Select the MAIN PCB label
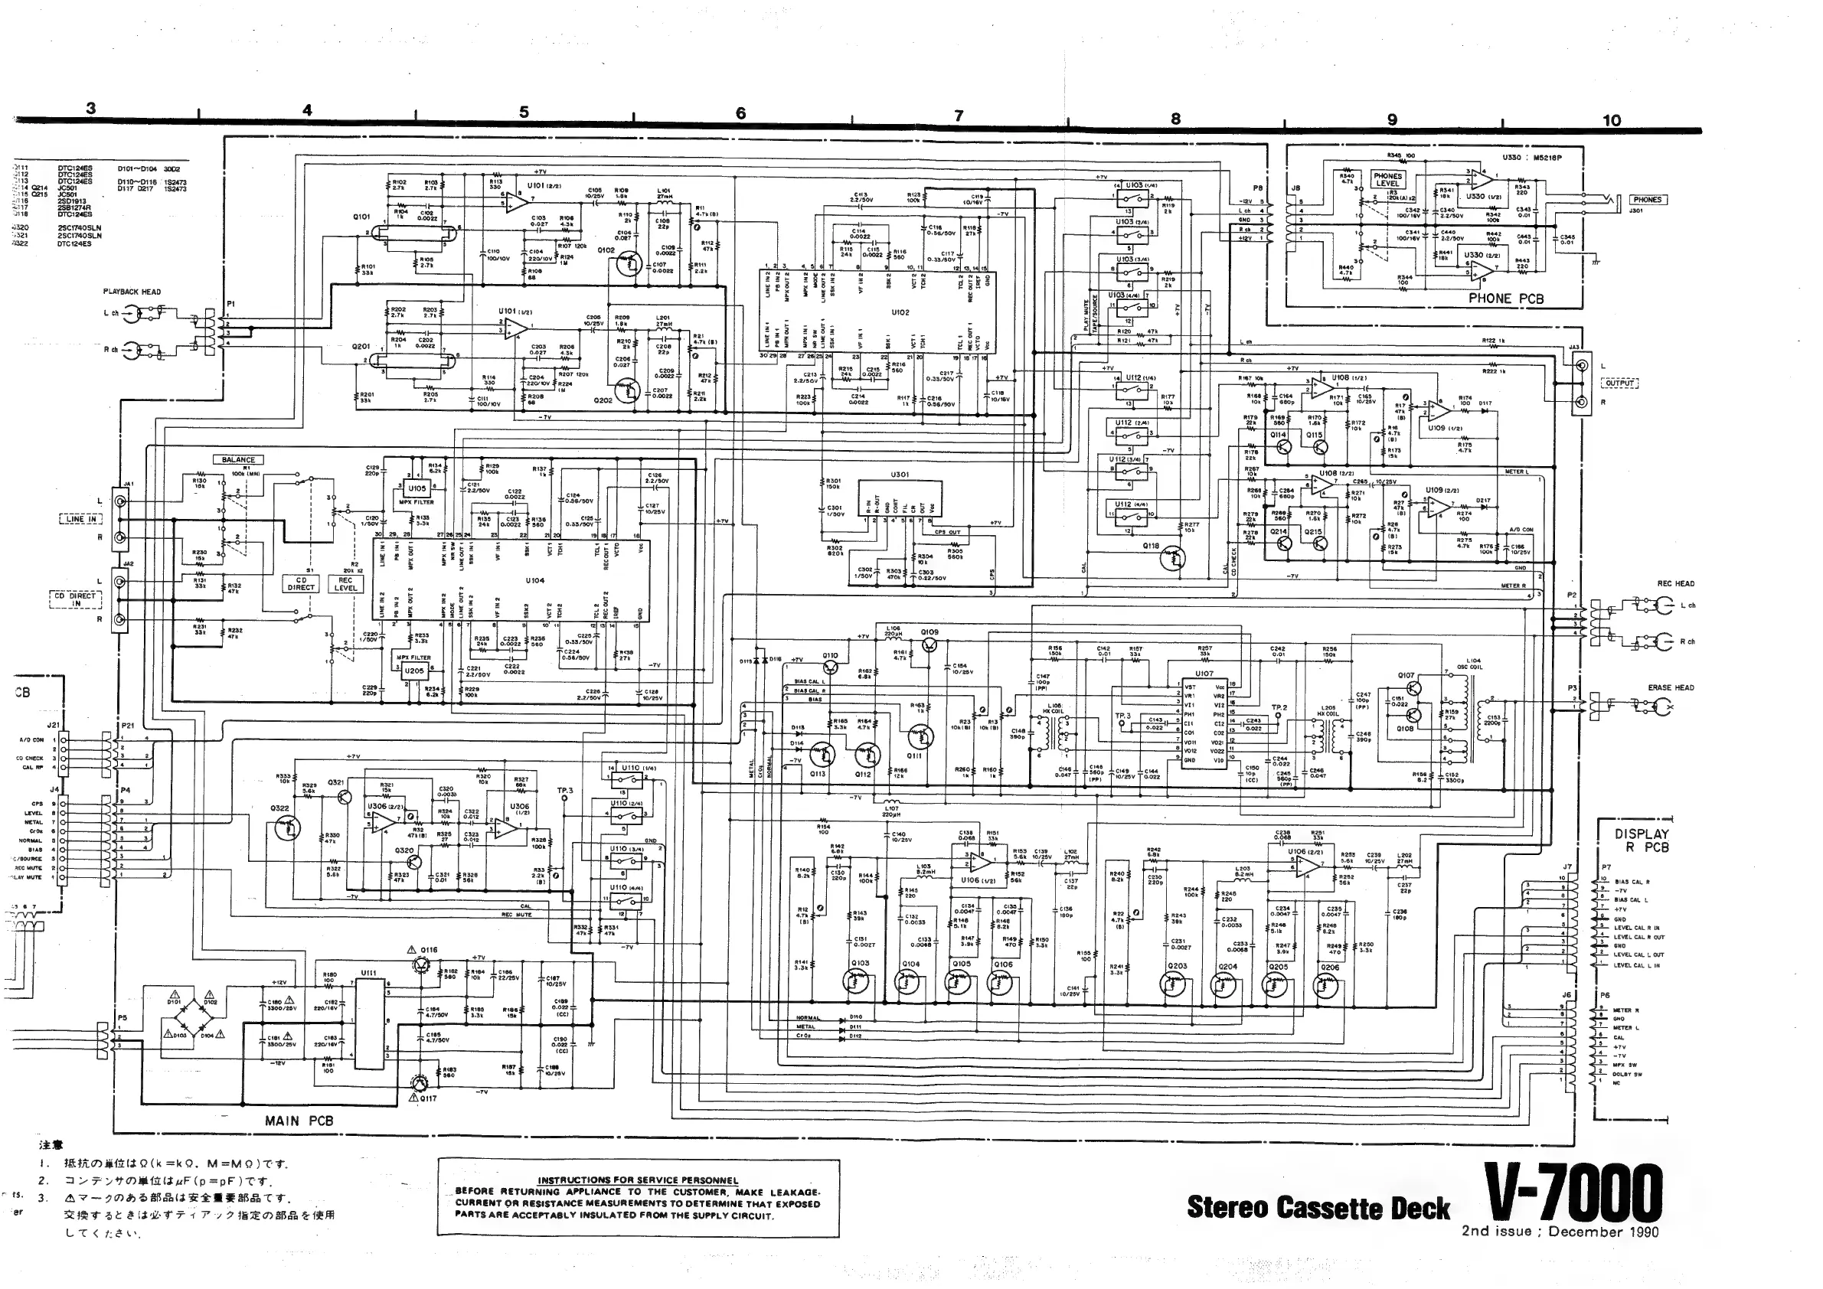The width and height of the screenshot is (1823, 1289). click(299, 1121)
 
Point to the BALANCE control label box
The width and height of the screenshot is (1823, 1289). click(238, 459)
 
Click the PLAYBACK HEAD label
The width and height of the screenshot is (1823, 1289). click(132, 292)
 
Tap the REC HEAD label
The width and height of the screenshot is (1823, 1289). click(1675, 583)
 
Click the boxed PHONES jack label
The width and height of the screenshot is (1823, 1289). click(1648, 200)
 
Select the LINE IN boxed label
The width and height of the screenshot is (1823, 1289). click(81, 519)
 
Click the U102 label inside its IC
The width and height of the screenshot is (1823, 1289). click(900, 312)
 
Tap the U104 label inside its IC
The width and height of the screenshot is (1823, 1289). click(534, 580)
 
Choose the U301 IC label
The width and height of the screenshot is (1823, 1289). click(900, 475)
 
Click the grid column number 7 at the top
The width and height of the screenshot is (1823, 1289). click(959, 116)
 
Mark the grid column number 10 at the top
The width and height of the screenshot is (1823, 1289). click(1611, 121)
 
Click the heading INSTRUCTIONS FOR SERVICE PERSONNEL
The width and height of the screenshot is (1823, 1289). click(638, 1180)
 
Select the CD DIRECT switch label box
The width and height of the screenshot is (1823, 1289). click(301, 584)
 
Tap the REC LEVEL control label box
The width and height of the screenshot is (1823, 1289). click(345, 584)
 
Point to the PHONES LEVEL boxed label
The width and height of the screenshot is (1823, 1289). click(1388, 179)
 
